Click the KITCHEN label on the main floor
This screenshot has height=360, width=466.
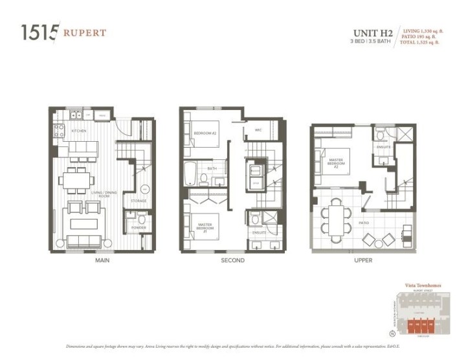pos(79,130)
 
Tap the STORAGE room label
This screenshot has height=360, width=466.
pos(138,201)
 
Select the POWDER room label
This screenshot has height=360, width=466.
pos(138,227)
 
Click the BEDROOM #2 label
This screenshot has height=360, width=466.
pos(205,133)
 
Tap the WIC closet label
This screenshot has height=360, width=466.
pos(258,130)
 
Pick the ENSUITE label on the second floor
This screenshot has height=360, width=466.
pos(260,231)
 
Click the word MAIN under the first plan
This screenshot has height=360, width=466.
pos(102,260)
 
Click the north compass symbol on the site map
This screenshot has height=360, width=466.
pos(392,333)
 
